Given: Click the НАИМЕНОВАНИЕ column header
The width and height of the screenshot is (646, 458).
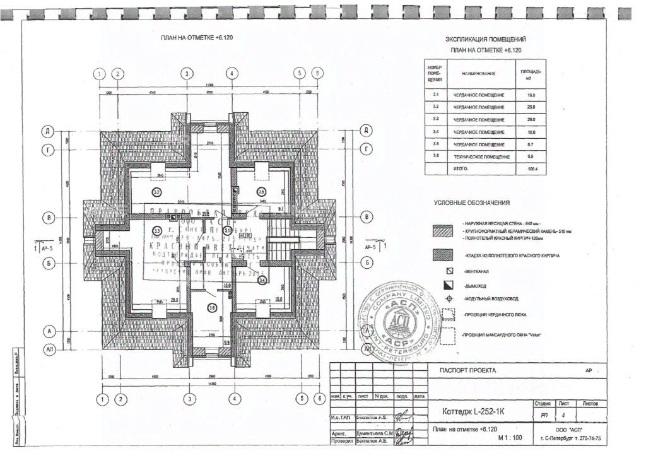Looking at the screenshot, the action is (x=479, y=74).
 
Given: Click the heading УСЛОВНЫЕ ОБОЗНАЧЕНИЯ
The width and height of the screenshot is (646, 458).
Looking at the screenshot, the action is (x=472, y=203).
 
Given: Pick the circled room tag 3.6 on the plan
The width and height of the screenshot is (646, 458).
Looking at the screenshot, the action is (x=213, y=308).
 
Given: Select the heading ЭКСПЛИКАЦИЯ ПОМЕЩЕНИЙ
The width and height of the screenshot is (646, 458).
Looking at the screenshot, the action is (x=486, y=39).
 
